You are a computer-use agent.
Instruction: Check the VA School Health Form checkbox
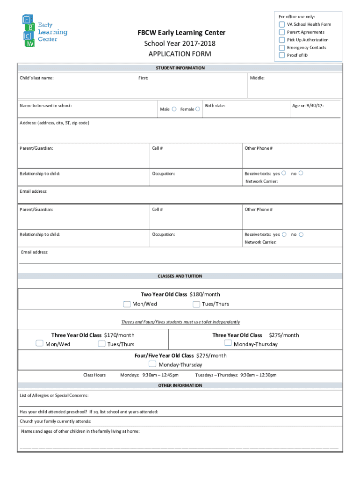[x=282, y=24]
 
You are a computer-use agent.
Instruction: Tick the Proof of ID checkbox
[x=282, y=55]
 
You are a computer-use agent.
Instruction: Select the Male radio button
[x=174, y=109]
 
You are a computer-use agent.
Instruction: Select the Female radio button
[x=198, y=109]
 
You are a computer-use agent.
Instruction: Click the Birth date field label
[x=215, y=106]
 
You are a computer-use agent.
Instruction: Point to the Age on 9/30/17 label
[x=308, y=106]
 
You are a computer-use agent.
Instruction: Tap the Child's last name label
[x=36, y=78]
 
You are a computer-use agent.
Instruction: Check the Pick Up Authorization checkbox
[x=282, y=40]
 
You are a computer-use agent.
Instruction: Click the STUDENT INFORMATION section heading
[x=180, y=68]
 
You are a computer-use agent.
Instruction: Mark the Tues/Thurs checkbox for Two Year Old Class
[x=196, y=304]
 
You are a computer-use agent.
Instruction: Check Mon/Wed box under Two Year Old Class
[x=127, y=304]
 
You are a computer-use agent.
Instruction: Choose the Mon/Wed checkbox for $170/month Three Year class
[x=40, y=344]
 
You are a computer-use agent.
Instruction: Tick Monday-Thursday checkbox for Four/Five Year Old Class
[x=152, y=364]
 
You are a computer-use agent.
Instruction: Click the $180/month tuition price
[x=204, y=294]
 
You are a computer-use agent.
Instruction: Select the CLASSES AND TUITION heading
[x=180, y=276]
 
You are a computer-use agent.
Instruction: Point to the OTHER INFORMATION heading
[x=180, y=385]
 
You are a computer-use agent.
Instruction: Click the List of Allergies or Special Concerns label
[x=54, y=396]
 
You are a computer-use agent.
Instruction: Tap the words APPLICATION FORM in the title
[x=180, y=54]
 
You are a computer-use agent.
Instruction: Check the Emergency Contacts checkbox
[x=282, y=48]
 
